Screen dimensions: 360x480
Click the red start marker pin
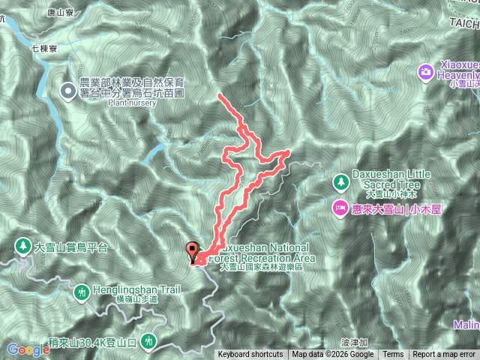(192, 250)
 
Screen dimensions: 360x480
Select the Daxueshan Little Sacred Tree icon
(341, 182)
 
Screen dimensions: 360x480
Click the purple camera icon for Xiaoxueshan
(425, 73)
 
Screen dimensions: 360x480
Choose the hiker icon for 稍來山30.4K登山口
(150, 341)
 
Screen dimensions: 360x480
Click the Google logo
(28, 349)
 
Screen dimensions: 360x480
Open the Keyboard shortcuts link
(250, 355)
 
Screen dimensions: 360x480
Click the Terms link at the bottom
(393, 355)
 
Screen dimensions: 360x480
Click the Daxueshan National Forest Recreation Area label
(266, 253)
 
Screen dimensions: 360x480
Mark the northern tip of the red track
(219, 95)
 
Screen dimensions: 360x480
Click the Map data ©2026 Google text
(333, 355)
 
